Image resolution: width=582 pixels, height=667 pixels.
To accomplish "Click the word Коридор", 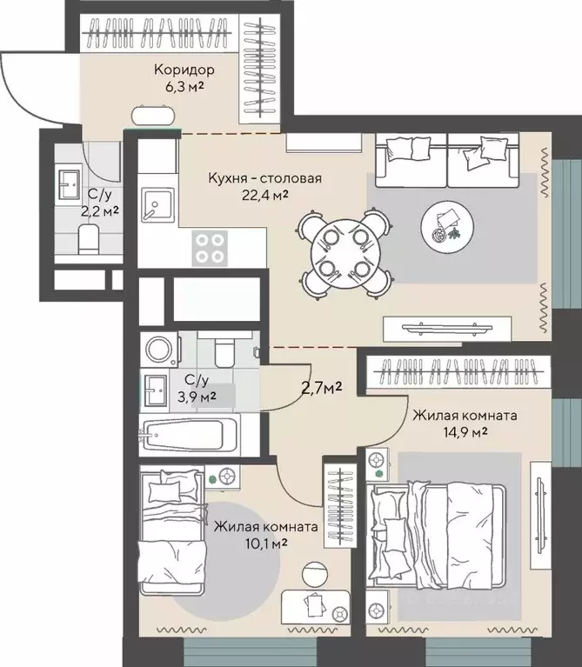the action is coord(184,70).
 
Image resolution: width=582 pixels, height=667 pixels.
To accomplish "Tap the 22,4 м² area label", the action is coord(264,195).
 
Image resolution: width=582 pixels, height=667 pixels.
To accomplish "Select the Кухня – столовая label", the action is coord(264,177).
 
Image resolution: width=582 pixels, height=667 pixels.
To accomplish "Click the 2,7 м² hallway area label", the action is coord(322,388).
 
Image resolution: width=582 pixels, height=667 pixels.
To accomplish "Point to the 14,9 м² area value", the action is coord(465,432).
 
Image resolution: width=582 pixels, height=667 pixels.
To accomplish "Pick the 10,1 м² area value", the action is coord(266,544).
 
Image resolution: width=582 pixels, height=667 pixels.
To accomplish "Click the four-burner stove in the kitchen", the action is coord(210,249).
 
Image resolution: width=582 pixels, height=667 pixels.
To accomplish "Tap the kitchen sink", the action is coord(157,205).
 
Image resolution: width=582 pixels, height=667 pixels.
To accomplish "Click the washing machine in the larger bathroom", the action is coord(159,350).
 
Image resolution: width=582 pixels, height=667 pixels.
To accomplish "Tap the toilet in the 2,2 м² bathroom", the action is coord(89,238).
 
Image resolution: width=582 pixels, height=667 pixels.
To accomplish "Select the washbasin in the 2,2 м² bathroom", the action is coord(70,185).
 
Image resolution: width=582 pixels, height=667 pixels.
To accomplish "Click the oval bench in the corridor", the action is coord(153,115).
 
